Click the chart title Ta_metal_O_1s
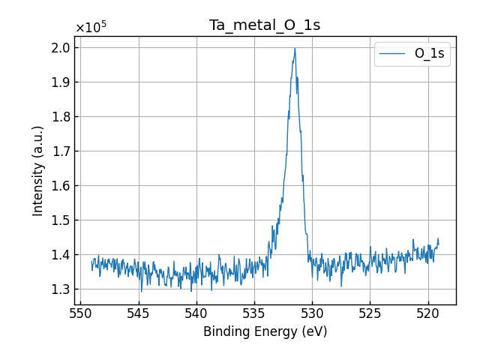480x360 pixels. coord(265,25)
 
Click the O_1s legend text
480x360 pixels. coord(429,54)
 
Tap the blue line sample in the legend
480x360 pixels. coord(393,54)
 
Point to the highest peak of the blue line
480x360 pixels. coord(295,49)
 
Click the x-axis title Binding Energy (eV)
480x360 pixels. coord(265,331)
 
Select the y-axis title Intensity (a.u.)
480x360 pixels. coord(38,170)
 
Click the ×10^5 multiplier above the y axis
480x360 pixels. coord(91,28)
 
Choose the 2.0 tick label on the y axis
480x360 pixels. coord(61,47)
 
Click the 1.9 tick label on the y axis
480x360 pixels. coord(61,82)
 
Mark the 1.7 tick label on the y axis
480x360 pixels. coord(61,151)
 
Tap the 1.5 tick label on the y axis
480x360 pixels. coord(61,220)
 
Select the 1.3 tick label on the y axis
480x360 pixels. coord(61,289)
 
